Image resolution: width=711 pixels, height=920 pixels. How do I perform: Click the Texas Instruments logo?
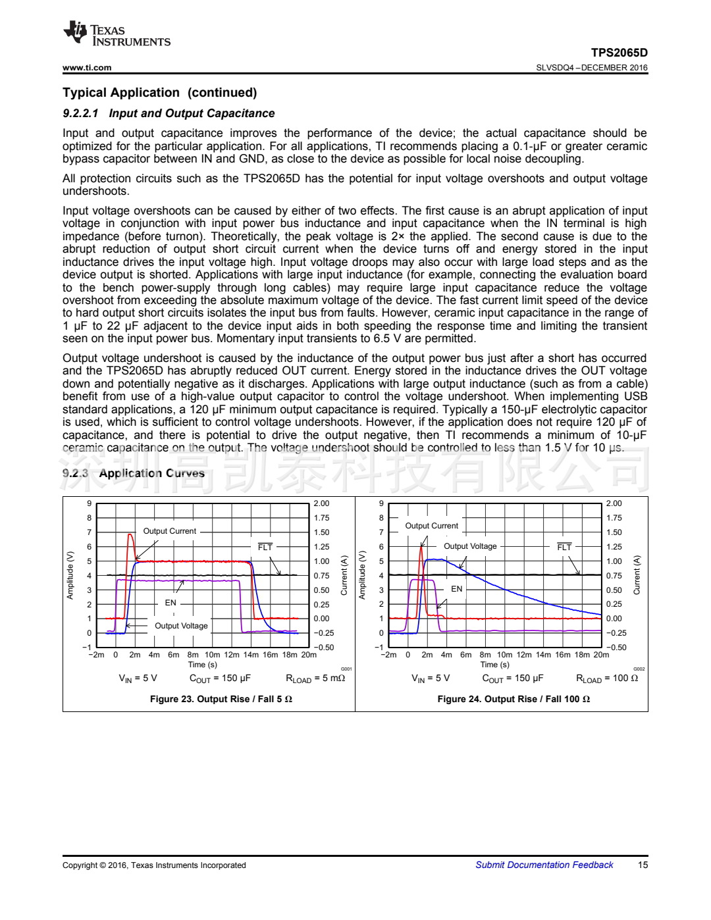tap(117, 34)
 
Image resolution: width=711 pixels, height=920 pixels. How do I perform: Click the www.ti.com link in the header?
tap(87, 67)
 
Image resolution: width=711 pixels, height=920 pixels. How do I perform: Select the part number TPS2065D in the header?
tap(619, 53)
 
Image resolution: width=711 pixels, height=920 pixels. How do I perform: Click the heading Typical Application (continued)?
tap(159, 93)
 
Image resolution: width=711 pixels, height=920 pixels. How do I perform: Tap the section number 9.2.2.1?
tap(80, 113)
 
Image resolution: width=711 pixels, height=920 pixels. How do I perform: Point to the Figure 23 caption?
tap(221, 699)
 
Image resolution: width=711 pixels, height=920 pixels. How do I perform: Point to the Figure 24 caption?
tap(513, 699)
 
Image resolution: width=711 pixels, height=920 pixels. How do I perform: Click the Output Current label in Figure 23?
tap(169, 531)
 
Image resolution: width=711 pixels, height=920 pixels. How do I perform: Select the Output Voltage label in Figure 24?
tap(470, 546)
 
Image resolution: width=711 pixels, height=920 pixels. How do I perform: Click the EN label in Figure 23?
tap(171, 603)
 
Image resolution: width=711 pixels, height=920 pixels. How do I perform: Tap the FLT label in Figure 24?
tap(564, 547)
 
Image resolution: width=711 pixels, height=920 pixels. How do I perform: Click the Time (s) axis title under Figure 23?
tap(203, 665)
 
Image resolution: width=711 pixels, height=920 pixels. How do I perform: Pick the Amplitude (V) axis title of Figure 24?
tap(362, 575)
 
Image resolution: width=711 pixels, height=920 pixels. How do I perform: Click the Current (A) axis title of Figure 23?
tap(344, 575)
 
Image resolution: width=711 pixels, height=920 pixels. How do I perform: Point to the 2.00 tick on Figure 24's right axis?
tap(614, 503)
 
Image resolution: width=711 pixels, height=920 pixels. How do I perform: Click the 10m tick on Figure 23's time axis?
tap(212, 655)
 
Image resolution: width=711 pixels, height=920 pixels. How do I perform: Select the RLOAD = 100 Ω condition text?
tap(607, 678)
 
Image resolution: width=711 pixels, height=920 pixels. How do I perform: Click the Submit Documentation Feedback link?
tap(544, 865)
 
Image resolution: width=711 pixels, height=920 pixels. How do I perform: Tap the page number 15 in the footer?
tap(643, 865)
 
